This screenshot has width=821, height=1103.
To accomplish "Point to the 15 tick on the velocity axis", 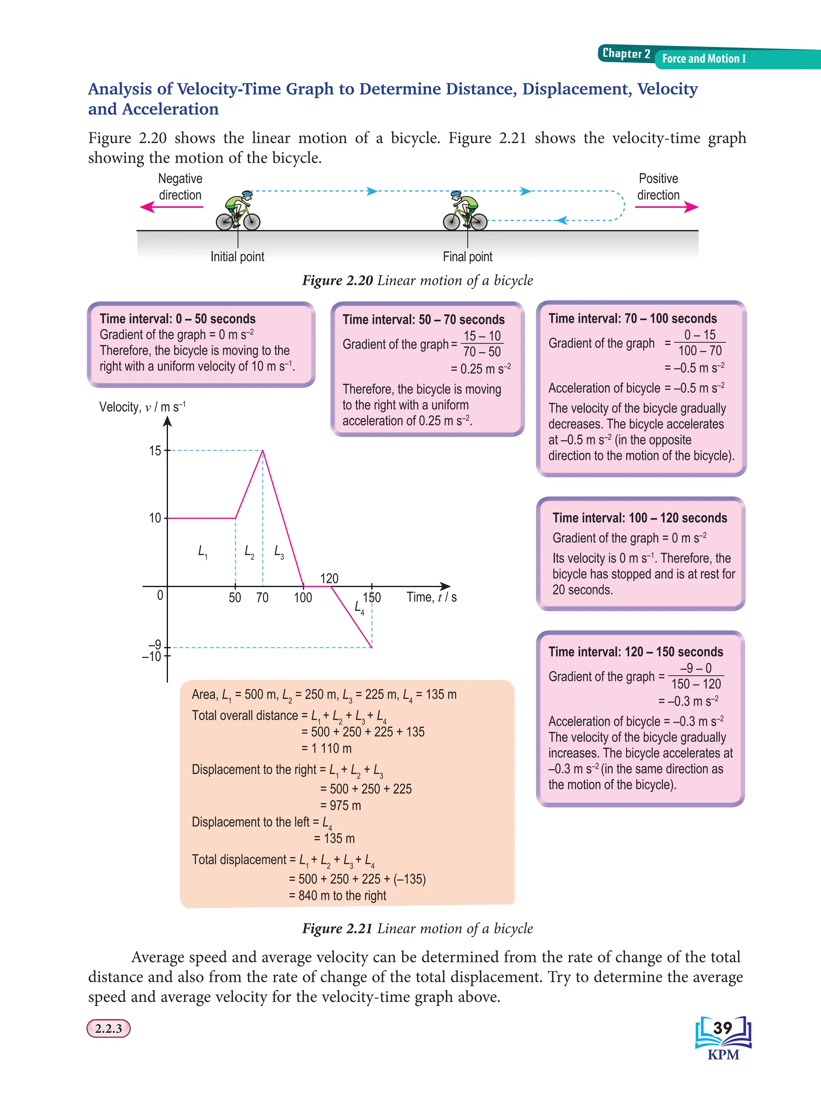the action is coord(155,451).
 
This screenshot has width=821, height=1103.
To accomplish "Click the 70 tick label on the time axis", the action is coord(263,597).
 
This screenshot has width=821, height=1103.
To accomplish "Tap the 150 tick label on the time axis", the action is coord(372,597).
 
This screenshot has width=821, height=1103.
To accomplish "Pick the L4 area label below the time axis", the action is coord(359,607).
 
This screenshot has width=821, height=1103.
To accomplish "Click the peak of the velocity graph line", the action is coord(263,451).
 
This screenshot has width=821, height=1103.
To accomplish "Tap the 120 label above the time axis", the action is coord(329,578).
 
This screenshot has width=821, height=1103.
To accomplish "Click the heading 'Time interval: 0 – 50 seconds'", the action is coord(178,319).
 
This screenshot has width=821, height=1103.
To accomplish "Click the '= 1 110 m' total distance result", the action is coord(326,748).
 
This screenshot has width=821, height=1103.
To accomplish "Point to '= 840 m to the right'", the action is coord(338,896).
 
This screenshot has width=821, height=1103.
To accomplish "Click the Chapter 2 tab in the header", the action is coord(626,54).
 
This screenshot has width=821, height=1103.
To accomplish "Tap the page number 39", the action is coord(723,1028).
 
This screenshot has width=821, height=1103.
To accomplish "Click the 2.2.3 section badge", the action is coord(108,1028).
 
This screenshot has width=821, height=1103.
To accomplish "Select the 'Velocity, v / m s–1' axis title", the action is coord(142,407).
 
